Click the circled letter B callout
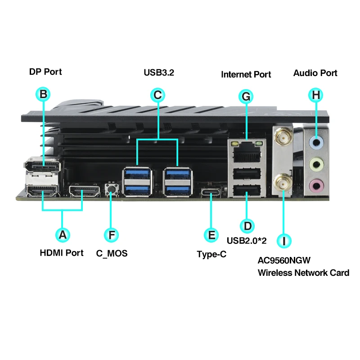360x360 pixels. (x=43, y=94)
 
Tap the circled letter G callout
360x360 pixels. (x=246, y=96)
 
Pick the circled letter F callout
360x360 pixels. (x=112, y=234)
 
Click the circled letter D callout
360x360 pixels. (x=247, y=225)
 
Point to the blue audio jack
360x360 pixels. (x=317, y=142)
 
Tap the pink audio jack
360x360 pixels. (x=317, y=184)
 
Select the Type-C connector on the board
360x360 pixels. (x=211, y=193)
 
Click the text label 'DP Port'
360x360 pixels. (x=45, y=72)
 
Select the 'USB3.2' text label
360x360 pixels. (x=159, y=72)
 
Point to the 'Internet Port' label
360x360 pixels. (x=246, y=74)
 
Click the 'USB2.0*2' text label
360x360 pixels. (x=247, y=241)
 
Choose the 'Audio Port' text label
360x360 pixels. (x=315, y=73)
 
